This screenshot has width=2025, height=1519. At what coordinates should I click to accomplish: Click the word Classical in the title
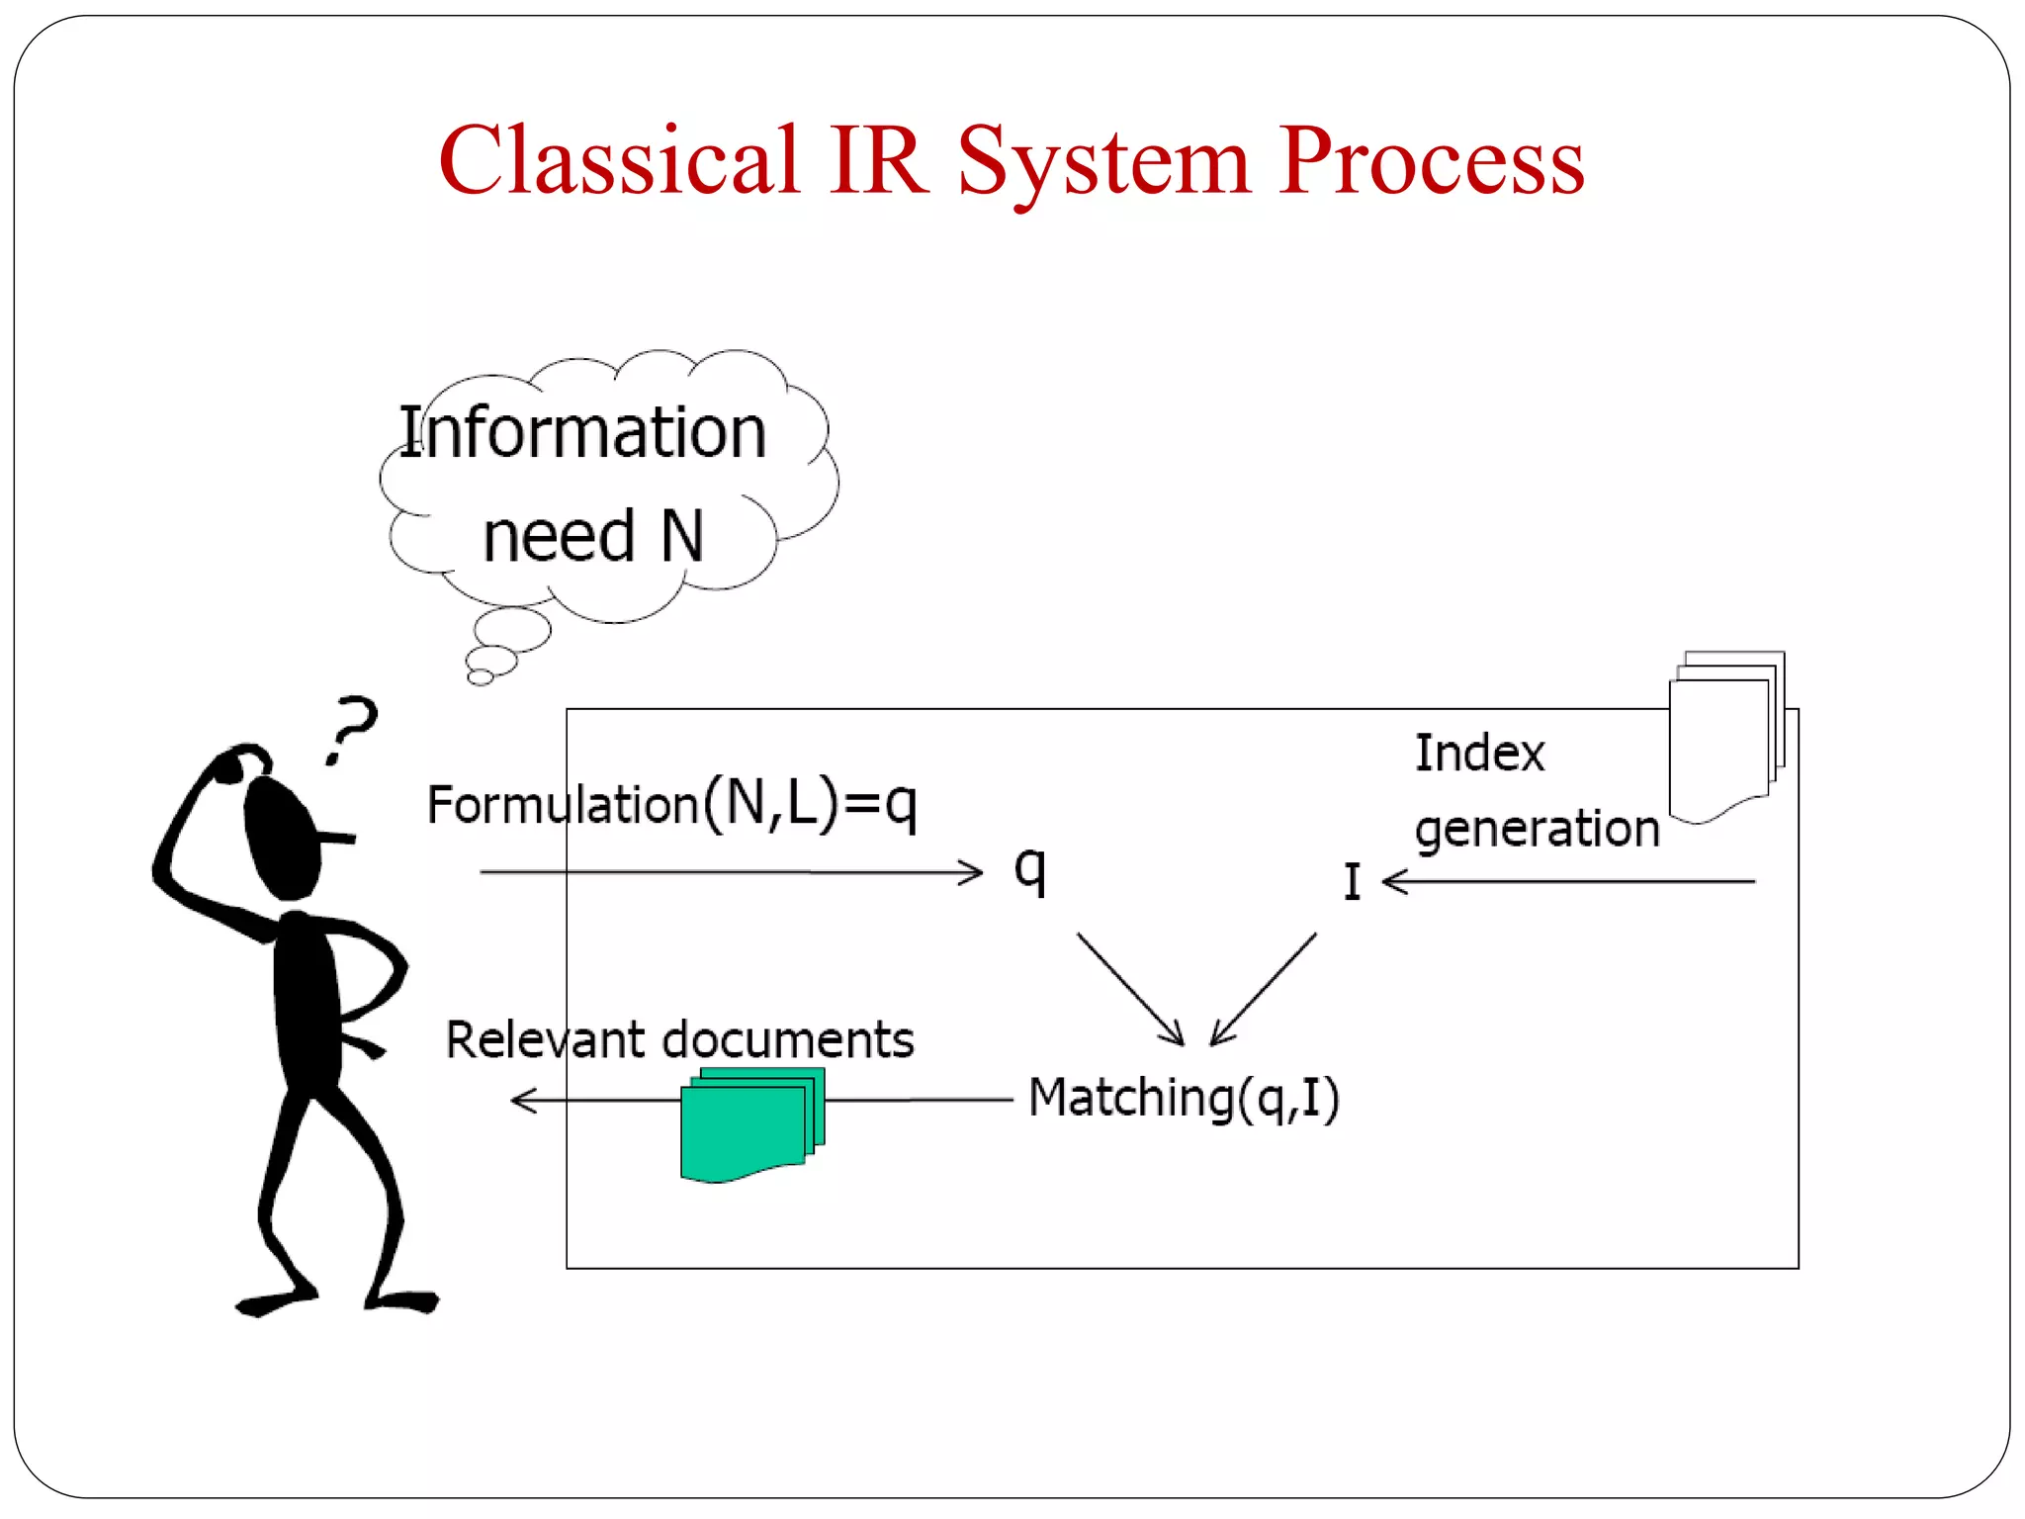(x=618, y=160)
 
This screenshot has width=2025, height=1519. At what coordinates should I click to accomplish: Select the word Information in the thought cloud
(x=583, y=433)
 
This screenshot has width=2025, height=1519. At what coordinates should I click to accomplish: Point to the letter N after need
(x=682, y=537)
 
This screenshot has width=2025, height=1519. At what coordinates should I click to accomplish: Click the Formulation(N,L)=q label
(x=671, y=803)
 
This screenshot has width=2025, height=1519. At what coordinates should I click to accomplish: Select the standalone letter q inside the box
(x=1029, y=870)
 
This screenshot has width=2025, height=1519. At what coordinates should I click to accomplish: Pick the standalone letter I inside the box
(x=1352, y=881)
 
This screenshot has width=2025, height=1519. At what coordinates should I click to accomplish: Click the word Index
(x=1479, y=754)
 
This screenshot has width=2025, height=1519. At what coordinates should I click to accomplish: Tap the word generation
(x=1537, y=829)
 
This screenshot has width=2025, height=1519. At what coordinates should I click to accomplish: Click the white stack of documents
(x=1724, y=737)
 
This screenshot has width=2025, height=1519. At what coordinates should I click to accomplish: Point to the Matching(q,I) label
(x=1184, y=1098)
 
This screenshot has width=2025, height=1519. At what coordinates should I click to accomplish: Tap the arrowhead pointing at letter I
(x=1395, y=881)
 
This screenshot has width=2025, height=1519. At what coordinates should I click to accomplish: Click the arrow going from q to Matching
(x=1129, y=987)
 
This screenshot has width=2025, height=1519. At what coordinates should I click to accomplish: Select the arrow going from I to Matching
(x=1265, y=987)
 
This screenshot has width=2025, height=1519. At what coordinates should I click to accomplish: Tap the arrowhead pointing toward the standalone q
(x=972, y=872)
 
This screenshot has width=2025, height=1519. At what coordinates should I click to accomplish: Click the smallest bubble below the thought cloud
(x=481, y=677)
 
